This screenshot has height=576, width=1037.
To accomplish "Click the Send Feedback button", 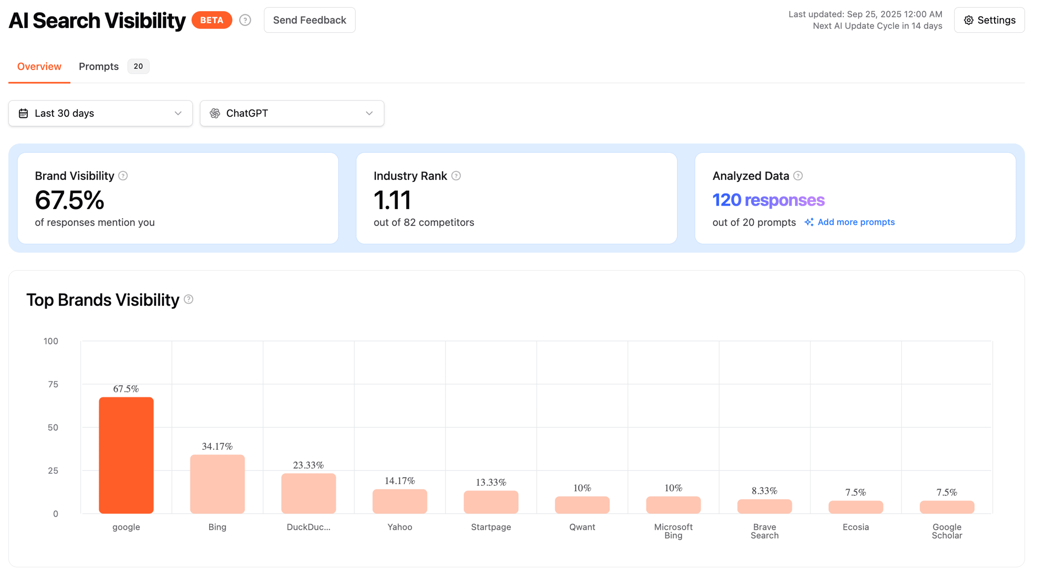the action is (x=309, y=20).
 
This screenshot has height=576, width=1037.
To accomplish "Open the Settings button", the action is (x=989, y=20).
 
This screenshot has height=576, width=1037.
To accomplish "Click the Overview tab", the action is (x=39, y=67).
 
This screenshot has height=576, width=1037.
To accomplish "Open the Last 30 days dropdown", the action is (x=100, y=113).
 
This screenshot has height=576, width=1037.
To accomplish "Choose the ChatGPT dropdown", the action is (x=292, y=113).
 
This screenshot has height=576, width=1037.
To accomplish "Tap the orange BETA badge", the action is (x=212, y=20).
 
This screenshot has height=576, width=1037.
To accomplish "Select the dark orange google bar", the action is (x=126, y=455).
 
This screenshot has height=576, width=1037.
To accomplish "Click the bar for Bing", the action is (x=217, y=484).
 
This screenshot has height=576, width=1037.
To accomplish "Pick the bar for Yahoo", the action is (x=400, y=501).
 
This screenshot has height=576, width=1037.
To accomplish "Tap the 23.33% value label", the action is (x=309, y=465).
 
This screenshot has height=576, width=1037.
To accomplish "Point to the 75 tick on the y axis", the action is (x=53, y=384).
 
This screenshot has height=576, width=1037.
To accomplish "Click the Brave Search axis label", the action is (x=764, y=531).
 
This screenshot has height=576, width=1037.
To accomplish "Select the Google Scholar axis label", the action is (x=947, y=531).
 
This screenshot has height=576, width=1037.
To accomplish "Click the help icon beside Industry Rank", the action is (x=456, y=176).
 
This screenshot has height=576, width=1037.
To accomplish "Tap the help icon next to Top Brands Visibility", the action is (x=188, y=299).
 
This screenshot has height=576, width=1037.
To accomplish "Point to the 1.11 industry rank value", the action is (x=392, y=200).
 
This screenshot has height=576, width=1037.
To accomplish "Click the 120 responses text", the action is (x=768, y=200).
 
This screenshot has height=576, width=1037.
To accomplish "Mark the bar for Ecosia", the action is (x=856, y=507).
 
